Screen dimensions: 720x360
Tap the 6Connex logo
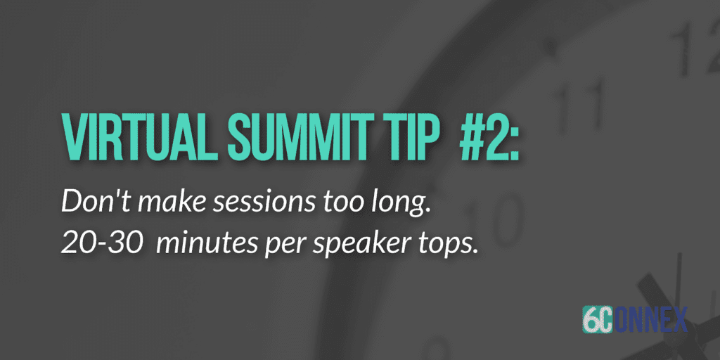(635, 319)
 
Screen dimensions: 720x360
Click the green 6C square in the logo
(598, 319)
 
